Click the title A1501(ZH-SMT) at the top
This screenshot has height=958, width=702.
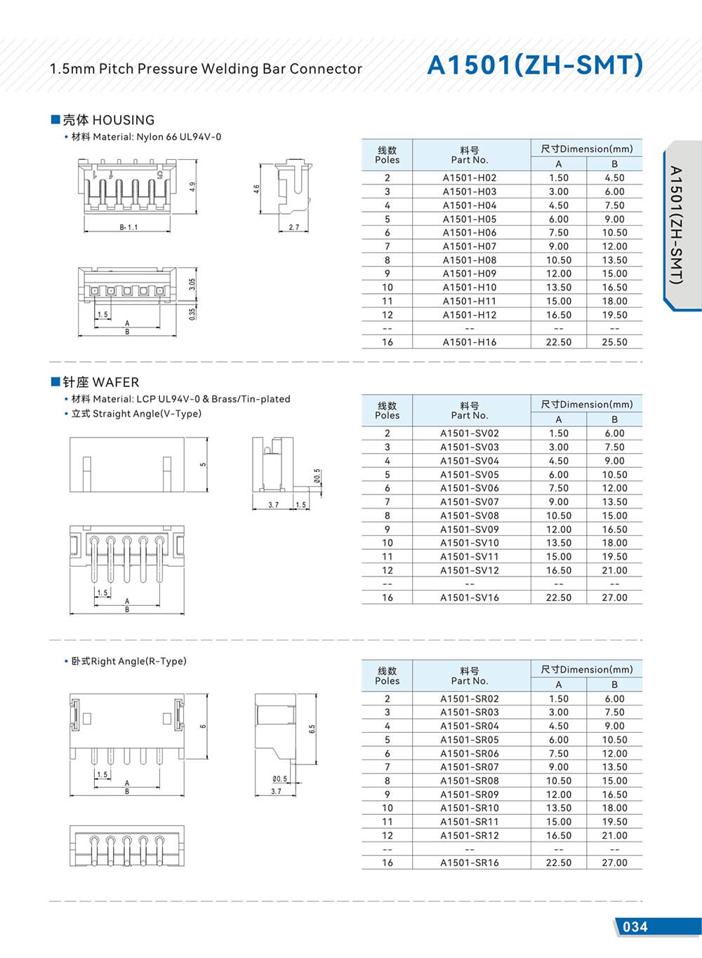click(535, 65)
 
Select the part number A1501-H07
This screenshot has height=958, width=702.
click(470, 246)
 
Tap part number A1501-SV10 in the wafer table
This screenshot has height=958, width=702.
click(470, 543)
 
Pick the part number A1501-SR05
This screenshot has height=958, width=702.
click(470, 740)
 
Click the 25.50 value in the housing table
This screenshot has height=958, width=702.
click(614, 342)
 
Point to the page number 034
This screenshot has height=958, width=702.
click(635, 926)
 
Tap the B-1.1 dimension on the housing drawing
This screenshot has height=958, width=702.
click(128, 227)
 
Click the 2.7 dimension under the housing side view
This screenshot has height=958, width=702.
click(293, 227)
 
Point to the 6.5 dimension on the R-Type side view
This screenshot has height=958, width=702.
click(312, 729)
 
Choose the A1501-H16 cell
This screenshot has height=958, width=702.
click(470, 342)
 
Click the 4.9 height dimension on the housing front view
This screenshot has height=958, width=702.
click(192, 187)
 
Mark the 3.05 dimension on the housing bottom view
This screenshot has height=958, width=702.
click(192, 284)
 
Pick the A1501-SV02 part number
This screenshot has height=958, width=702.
click(470, 433)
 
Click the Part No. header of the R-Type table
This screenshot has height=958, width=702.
click(470, 681)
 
